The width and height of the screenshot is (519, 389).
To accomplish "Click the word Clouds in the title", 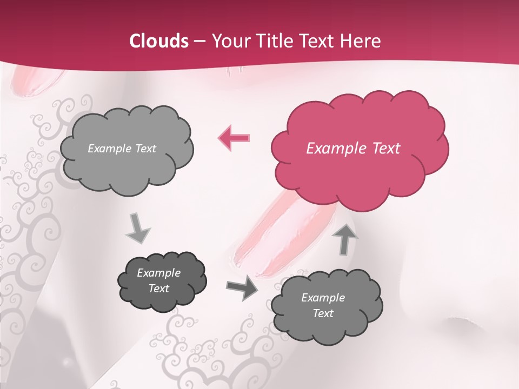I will (x=159, y=41).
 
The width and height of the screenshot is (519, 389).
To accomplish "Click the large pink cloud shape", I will (x=359, y=149).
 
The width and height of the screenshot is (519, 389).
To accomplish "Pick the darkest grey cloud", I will (x=162, y=281).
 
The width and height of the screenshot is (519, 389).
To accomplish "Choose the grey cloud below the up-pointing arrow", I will (x=326, y=306).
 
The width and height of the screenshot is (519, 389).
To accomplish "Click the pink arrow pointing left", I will (x=234, y=137).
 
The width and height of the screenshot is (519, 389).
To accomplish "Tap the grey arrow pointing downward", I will (x=138, y=229).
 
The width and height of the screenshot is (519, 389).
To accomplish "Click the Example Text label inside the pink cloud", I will (x=353, y=149).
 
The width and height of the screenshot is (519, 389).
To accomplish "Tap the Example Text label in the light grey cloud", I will (x=122, y=149).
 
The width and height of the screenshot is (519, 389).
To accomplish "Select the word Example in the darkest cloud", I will (x=158, y=273).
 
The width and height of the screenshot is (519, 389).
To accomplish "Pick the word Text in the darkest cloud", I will (x=158, y=289).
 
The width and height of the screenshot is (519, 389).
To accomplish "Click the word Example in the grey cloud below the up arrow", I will (x=323, y=298).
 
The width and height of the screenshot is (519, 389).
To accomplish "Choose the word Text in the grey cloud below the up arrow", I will (x=323, y=313).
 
